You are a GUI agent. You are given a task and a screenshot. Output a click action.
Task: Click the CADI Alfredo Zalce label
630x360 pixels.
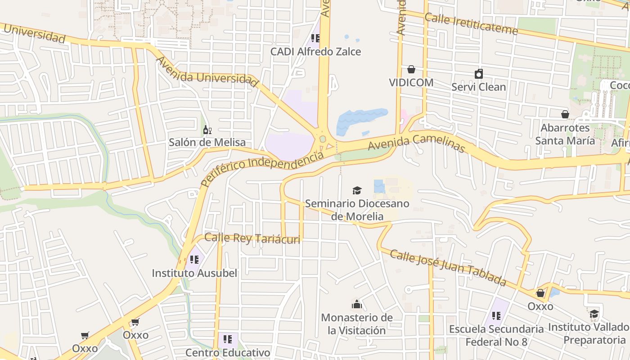point(315,52)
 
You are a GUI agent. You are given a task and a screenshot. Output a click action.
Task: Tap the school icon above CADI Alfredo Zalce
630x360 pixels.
point(315,38)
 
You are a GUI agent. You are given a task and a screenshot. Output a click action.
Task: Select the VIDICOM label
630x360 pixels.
point(411,83)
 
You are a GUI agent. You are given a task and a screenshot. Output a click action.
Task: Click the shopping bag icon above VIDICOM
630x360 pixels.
point(411,69)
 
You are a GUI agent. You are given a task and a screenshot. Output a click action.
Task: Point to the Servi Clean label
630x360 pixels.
point(479,87)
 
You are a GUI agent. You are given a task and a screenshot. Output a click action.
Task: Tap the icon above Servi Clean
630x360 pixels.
point(479,74)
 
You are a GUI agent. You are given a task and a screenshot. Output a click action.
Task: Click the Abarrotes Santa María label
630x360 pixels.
point(565,134)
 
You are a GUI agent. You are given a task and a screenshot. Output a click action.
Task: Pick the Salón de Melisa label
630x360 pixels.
point(207,143)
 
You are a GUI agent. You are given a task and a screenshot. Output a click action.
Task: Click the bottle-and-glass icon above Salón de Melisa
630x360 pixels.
point(207,130)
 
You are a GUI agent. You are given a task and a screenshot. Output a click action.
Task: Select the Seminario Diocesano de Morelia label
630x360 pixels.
point(357,210)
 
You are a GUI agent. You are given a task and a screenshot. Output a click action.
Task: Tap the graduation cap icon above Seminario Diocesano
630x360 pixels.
point(357,190)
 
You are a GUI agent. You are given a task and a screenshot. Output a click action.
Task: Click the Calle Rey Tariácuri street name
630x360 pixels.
point(252,238)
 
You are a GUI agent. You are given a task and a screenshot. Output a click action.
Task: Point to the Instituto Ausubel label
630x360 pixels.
point(194,273)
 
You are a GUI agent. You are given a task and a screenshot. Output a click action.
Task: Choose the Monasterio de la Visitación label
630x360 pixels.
point(357,324)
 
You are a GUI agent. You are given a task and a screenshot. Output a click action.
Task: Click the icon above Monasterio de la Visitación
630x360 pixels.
point(357,305)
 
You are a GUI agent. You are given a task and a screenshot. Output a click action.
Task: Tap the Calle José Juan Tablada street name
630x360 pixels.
point(448,268)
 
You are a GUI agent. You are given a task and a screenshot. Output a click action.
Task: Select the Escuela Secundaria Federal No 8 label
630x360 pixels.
point(496,336)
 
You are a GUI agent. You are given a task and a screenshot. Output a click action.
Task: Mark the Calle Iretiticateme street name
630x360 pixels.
point(471,24)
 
